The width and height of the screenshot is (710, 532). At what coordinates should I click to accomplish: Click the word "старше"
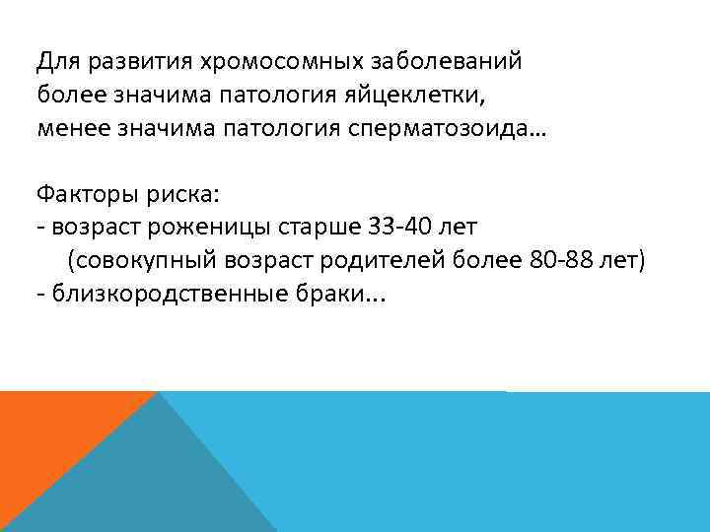pyautogui.click(x=293, y=227)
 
